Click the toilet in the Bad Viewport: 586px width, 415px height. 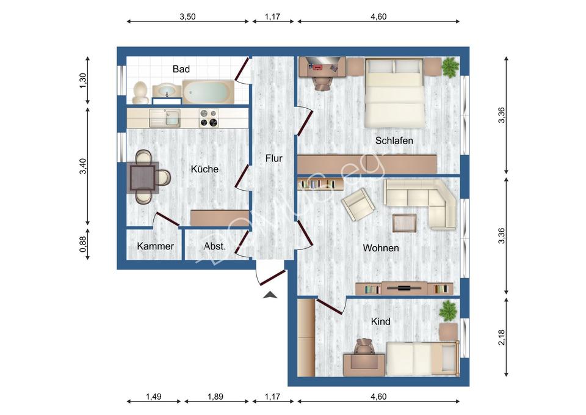140,92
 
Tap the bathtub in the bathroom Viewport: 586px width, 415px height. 208,92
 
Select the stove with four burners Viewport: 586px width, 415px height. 209,117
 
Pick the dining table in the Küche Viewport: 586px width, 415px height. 144,178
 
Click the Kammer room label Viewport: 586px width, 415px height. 156,246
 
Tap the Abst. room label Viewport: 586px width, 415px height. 215,246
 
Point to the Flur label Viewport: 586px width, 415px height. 273,158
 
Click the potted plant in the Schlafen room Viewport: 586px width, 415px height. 450,67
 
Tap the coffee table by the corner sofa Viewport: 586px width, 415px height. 405,222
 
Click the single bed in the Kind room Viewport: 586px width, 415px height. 421,358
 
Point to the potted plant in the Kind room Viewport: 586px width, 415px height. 448,311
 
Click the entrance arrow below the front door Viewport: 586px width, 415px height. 270,296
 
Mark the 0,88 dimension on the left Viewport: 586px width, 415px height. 84,244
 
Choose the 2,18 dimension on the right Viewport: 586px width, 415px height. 502,337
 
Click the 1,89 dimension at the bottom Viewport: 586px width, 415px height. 215,397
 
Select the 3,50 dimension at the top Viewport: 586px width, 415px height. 187,17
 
